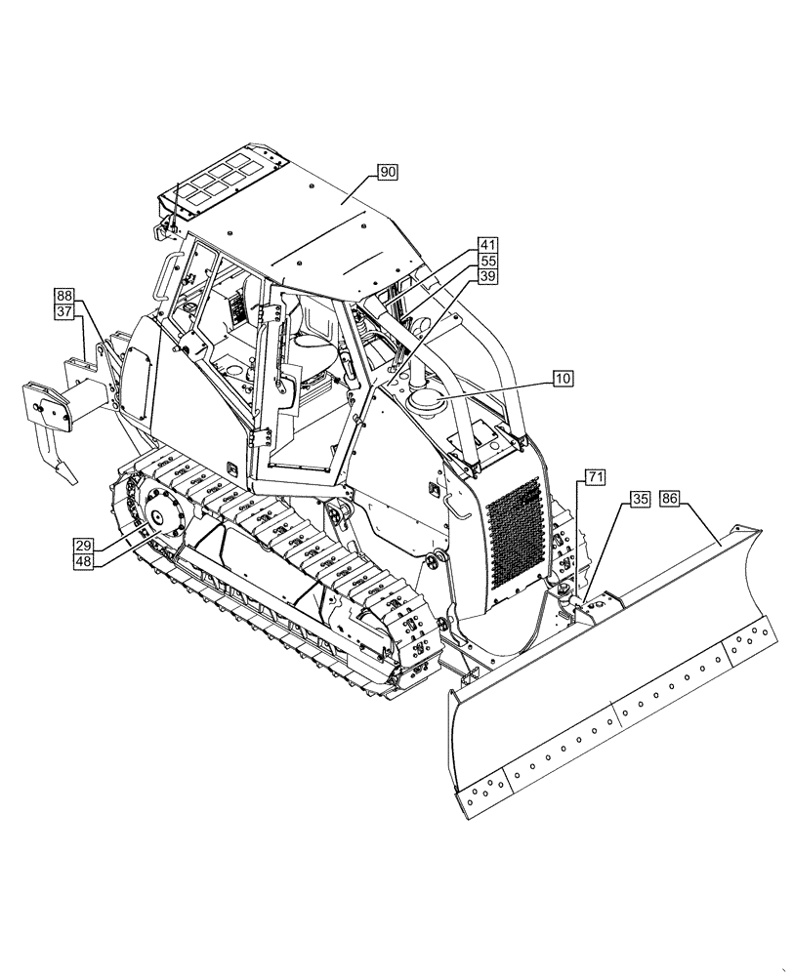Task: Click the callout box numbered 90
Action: coord(389,173)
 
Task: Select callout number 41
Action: coord(487,245)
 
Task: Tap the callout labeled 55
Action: coord(487,262)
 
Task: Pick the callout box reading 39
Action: coord(487,278)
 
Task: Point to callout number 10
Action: coord(563,377)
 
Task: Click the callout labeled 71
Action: coord(595,477)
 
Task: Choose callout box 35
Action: coord(640,499)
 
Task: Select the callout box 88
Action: coord(64,296)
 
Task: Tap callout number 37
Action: coord(64,312)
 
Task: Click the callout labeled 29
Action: coord(84,545)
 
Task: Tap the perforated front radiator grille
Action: coord(514,532)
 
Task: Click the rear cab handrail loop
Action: coord(168,272)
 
